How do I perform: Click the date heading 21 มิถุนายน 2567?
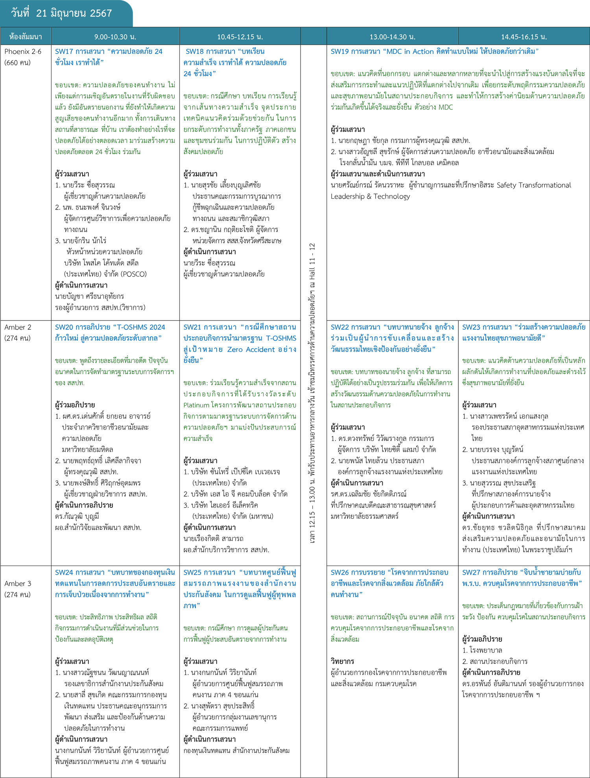[x=62, y=13]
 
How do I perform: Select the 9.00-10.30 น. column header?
[x=115, y=37]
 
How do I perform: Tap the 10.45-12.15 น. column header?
[x=240, y=37]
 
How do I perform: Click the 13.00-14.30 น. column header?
[x=392, y=37]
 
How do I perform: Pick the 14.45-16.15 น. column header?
[x=524, y=37]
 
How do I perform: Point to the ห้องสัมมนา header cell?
[x=26, y=37]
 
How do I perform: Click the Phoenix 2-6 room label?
[x=23, y=52]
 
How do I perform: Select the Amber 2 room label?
[x=18, y=327]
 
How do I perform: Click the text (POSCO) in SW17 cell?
[x=133, y=274]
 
